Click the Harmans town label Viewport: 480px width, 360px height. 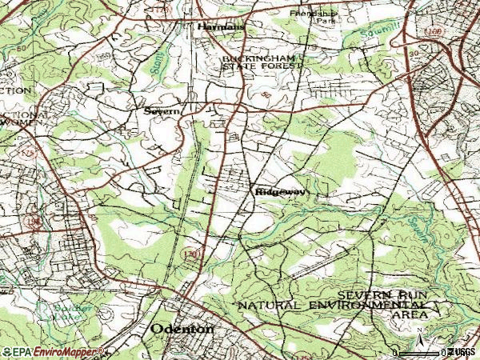[218, 27]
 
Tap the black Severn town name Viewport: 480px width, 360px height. [161, 112]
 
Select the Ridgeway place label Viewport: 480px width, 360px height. [277, 192]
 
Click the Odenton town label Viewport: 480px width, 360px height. [183, 330]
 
